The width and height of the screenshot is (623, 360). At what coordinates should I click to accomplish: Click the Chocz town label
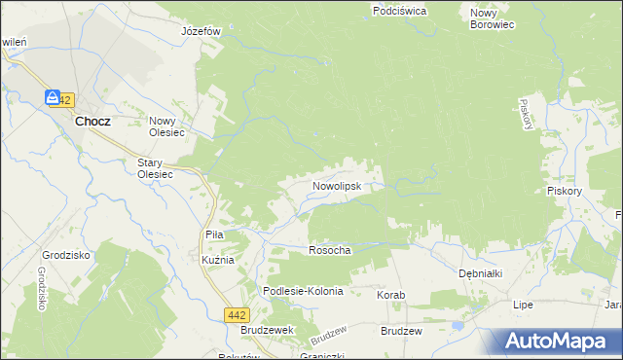[x=92, y=122]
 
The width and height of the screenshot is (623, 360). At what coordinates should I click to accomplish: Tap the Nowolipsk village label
[x=337, y=185]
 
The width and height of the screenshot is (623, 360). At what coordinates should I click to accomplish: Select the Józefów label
[x=202, y=31]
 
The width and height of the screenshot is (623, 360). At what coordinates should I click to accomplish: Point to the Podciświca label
[x=399, y=11]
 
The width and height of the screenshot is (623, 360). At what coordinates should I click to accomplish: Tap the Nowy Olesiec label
[x=167, y=127]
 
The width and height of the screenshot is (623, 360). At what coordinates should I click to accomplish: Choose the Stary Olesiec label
[x=154, y=167]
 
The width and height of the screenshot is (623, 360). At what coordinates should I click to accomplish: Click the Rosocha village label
[x=329, y=250]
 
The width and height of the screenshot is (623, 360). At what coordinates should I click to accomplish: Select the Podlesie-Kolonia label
[x=304, y=292]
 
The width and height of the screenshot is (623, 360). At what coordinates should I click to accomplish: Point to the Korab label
[x=390, y=294]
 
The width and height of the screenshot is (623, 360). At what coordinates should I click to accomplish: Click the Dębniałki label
[x=480, y=274]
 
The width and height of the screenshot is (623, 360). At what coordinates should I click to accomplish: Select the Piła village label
[x=215, y=234]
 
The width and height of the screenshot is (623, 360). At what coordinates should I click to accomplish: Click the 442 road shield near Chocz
[x=63, y=100]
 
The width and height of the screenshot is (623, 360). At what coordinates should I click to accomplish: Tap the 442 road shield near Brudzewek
[x=235, y=314]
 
